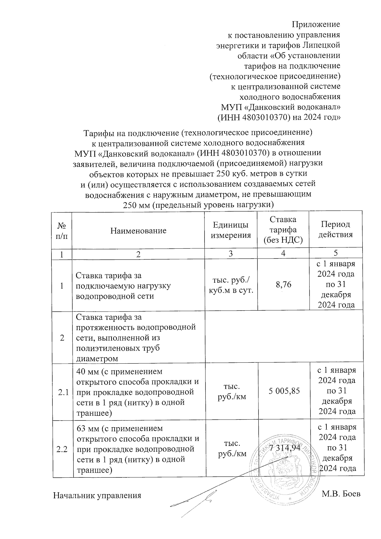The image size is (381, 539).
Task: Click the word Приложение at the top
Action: point(316,24)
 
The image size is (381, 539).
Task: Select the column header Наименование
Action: point(138,231)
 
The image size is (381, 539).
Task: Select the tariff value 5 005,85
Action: point(284,391)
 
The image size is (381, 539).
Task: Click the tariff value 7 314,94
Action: point(284,448)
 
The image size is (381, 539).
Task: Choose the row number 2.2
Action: point(63,449)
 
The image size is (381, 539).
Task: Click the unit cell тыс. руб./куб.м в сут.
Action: point(231,285)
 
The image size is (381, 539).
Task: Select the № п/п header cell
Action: point(62,231)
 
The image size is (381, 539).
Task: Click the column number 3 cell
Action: point(231,253)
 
